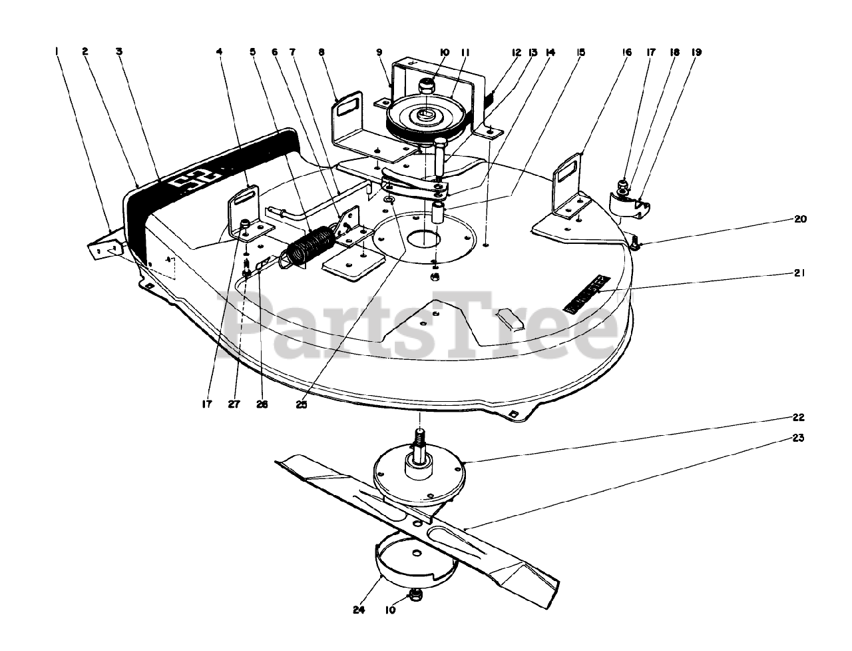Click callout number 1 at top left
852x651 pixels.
click(58, 51)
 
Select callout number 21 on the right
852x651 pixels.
click(799, 273)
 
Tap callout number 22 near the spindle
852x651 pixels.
click(799, 418)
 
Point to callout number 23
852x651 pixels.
click(799, 438)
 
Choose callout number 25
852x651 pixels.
click(302, 404)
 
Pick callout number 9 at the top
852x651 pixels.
click(379, 51)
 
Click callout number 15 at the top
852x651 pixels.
click(581, 51)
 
